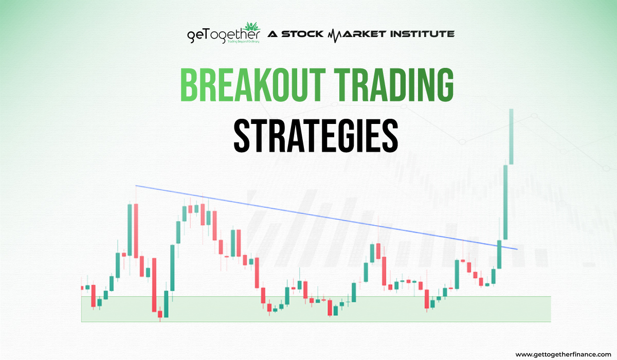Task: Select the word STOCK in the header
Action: click(x=301, y=34)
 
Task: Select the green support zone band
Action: click(x=316, y=309)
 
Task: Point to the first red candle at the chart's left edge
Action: click(x=81, y=287)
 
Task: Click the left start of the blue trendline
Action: click(x=136, y=186)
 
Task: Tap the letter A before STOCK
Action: click(x=271, y=34)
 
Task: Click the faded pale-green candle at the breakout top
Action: click(x=512, y=136)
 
